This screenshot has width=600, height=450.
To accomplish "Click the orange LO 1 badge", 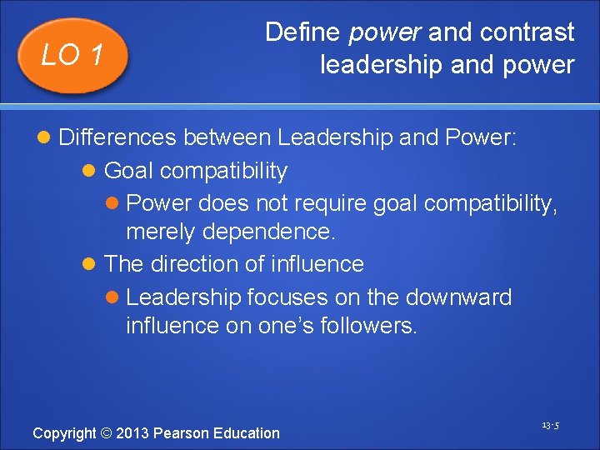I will [x=73, y=55].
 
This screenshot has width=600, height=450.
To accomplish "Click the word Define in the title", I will [x=302, y=32].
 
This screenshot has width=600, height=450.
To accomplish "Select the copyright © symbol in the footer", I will [x=105, y=433].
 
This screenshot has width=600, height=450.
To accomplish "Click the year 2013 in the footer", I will [x=132, y=433].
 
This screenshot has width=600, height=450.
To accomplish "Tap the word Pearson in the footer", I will [x=182, y=433].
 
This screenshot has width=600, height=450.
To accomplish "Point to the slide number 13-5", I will [x=550, y=426].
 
